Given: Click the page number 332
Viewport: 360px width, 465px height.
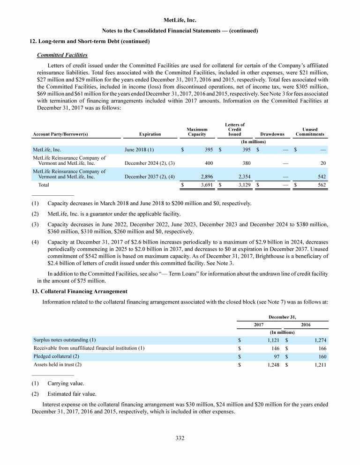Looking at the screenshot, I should (x=180, y=438).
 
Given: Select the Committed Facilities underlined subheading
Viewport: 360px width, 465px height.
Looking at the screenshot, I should (x=62, y=55).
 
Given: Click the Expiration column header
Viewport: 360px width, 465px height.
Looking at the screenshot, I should (x=150, y=134).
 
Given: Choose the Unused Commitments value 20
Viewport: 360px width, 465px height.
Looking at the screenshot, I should (x=322, y=163).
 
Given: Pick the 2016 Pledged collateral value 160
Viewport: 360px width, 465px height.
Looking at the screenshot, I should (x=322, y=356).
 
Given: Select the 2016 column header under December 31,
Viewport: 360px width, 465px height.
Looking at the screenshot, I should (x=306, y=324).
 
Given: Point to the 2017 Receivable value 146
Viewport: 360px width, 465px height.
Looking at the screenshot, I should (x=275, y=348).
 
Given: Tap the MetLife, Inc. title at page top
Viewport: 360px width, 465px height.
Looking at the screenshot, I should (x=180, y=21).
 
